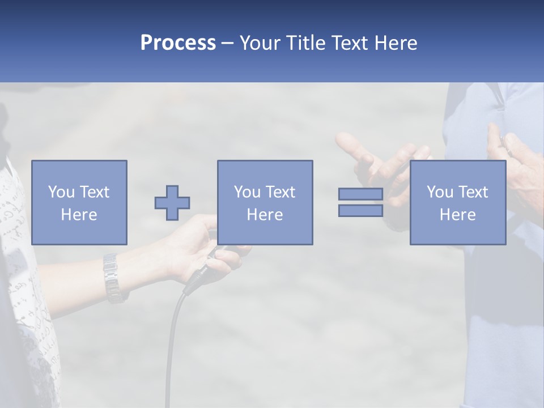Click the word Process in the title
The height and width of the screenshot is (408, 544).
coord(178,43)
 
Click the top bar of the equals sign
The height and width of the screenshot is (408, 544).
coord(360,194)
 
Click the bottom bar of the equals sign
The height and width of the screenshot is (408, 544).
coord(360,210)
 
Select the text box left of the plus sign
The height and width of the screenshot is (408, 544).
coord(79,202)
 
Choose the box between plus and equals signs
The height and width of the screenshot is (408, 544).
coord(265,202)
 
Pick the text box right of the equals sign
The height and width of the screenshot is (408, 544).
coord(458,202)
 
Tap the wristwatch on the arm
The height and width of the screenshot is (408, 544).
coord(113,277)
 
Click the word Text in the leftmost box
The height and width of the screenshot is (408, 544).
coord(95,192)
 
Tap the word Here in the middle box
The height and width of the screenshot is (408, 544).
coord(265,215)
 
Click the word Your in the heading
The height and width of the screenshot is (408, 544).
coord(258,43)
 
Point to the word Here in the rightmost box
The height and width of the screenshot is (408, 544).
coord(458,215)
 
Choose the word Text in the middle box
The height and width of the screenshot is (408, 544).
coord(280,192)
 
